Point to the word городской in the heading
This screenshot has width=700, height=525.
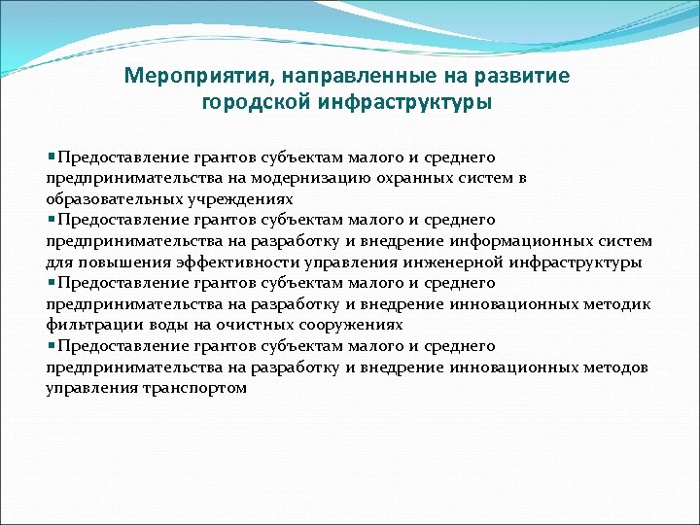click(x=255, y=102)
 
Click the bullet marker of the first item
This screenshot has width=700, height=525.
click(x=51, y=157)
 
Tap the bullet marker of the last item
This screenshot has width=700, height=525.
click(x=51, y=346)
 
